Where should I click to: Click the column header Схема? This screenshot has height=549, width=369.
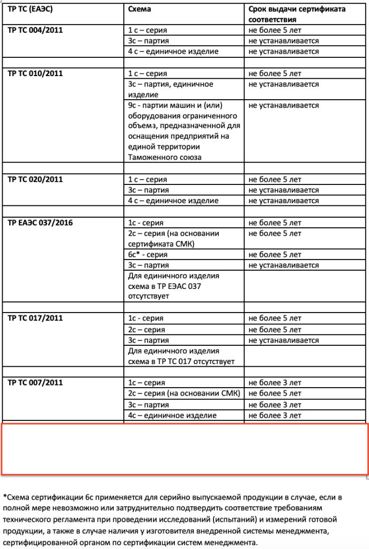140,9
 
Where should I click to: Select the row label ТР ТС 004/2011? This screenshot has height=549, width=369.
35,30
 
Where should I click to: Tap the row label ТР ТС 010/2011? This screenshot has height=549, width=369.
35,73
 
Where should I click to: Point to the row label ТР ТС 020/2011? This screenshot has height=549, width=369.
35,180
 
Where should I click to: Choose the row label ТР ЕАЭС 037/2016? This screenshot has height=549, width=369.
40,222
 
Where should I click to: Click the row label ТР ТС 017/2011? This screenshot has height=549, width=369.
35,318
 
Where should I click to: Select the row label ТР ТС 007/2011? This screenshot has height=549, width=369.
35,383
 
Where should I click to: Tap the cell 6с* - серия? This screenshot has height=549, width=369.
148,255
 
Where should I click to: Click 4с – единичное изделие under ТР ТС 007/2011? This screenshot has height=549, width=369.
172,416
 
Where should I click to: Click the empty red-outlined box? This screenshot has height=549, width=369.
184,449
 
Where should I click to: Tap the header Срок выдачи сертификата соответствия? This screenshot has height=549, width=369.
297,14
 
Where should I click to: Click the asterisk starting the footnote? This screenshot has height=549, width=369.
4,496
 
